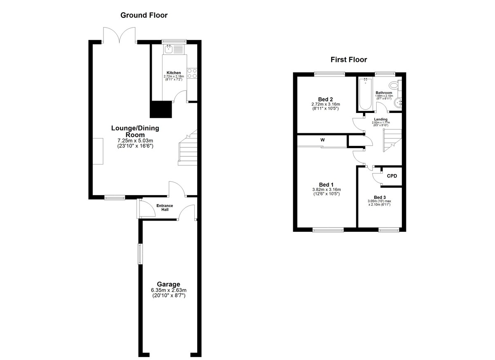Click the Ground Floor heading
tap(144, 15)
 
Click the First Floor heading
tap(349, 60)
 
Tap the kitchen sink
tap(169, 49)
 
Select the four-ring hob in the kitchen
tap(192, 73)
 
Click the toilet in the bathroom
tap(395, 85)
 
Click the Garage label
tap(168, 284)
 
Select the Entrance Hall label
tap(165, 207)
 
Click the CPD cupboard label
tap(392, 176)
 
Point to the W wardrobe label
tap(323, 140)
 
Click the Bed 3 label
tap(379, 197)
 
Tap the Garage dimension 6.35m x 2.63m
tap(169, 290)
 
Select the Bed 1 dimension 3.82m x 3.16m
tap(327, 190)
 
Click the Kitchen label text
tap(174, 73)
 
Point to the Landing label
tap(381, 119)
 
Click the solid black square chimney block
tap(161, 109)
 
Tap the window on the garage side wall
tap(140, 254)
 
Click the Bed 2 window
tap(330, 74)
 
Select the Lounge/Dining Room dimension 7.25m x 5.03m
tap(135, 141)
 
